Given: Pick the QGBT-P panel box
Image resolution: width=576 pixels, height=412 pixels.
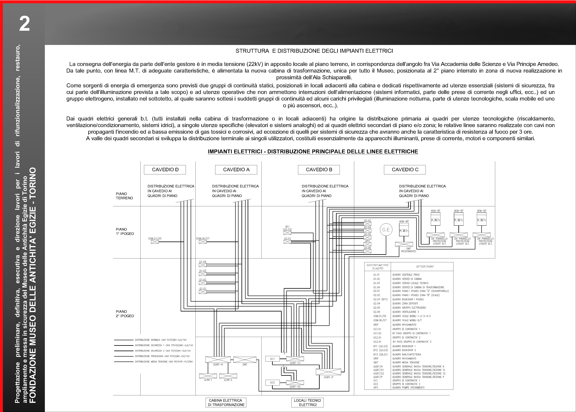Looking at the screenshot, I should click(x=328, y=372).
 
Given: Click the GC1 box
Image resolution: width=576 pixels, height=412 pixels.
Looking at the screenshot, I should click(x=272, y=359).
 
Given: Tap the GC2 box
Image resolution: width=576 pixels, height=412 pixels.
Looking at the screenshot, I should click(x=272, y=382).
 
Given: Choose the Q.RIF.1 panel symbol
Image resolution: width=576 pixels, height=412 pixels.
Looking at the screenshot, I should click(x=208, y=376).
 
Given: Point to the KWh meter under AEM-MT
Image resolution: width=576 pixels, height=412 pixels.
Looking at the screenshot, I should click(x=404, y=231).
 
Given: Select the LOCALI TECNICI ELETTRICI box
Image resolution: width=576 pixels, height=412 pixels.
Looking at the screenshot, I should click(x=307, y=402).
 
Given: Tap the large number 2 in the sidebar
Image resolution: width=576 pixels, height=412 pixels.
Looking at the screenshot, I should click(x=24, y=24).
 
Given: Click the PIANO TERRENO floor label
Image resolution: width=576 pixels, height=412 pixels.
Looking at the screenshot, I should click(x=124, y=196).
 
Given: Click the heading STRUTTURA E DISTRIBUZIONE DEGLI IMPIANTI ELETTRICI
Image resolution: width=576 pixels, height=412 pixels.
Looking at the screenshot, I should click(x=314, y=51).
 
